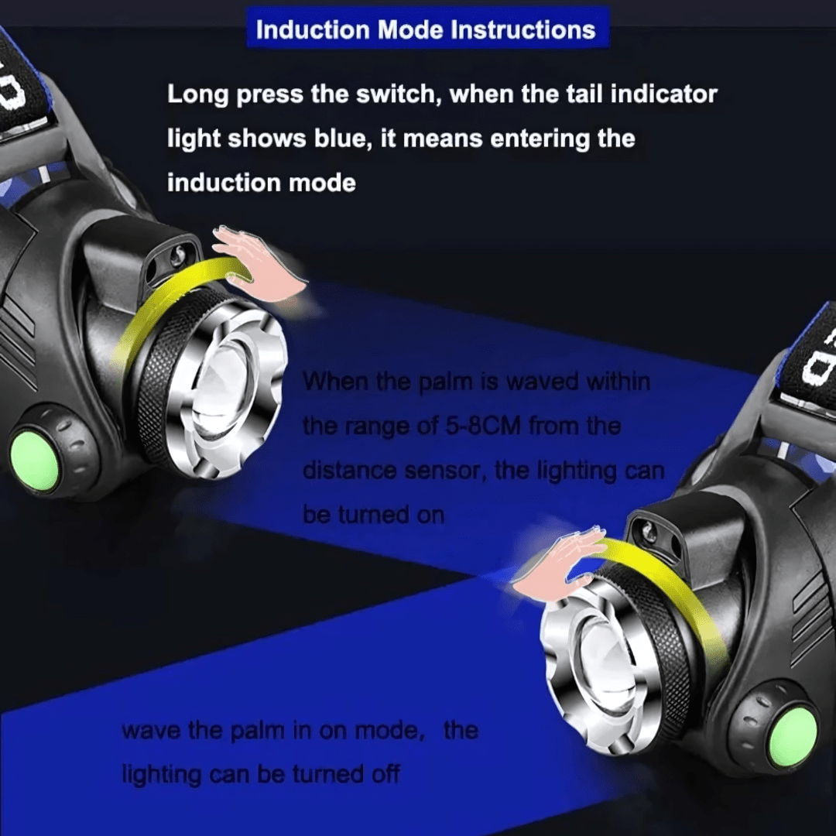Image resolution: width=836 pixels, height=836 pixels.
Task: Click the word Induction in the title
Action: pyautogui.click(x=313, y=29)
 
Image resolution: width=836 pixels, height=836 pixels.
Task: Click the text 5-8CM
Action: pyautogui.click(x=482, y=426)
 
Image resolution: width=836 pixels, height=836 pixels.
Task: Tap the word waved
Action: pyautogui.click(x=542, y=381)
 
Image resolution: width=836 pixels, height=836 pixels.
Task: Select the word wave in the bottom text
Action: pyautogui.click(x=152, y=730)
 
